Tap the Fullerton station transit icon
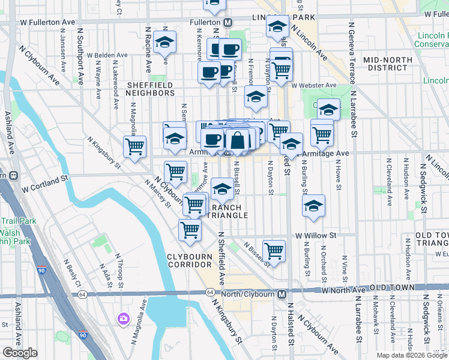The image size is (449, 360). click(228, 22)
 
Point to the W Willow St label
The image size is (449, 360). click(315, 236)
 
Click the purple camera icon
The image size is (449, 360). click(124, 318)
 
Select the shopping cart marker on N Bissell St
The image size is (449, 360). click(274, 250)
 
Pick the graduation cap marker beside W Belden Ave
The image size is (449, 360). click(164, 43)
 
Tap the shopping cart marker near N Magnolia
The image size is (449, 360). click(134, 146)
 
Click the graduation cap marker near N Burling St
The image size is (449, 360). click(313, 206)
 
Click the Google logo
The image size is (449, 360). click(20, 353)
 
